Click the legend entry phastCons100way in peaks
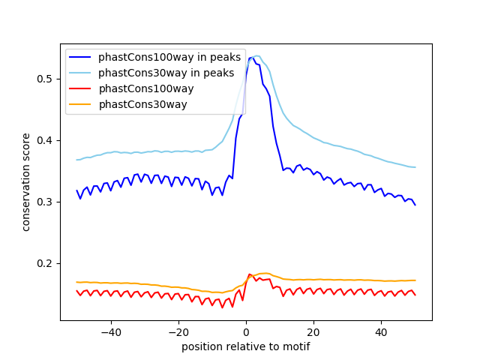point(169,57)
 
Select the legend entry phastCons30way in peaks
point(166,73)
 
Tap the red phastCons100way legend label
point(146,88)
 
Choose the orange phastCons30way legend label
point(142,104)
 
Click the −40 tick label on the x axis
point(111,331)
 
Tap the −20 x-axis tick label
point(178,331)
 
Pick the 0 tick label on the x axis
point(246,331)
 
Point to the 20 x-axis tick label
point(313,331)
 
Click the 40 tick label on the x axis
point(381,331)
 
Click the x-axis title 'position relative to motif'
point(245,346)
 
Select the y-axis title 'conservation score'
point(26,181)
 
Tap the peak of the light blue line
point(257,55)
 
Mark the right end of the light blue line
point(415,167)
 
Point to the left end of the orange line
point(76,282)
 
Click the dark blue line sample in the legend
point(82,57)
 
